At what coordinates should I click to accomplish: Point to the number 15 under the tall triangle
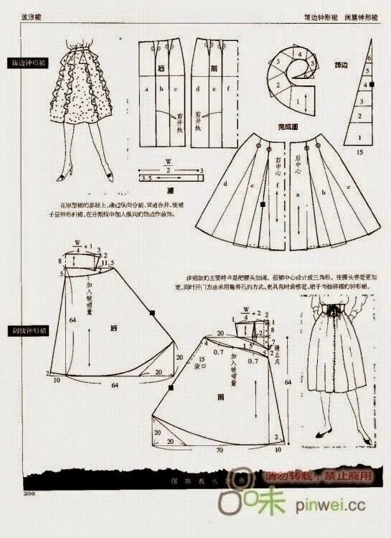tap(360, 153)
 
